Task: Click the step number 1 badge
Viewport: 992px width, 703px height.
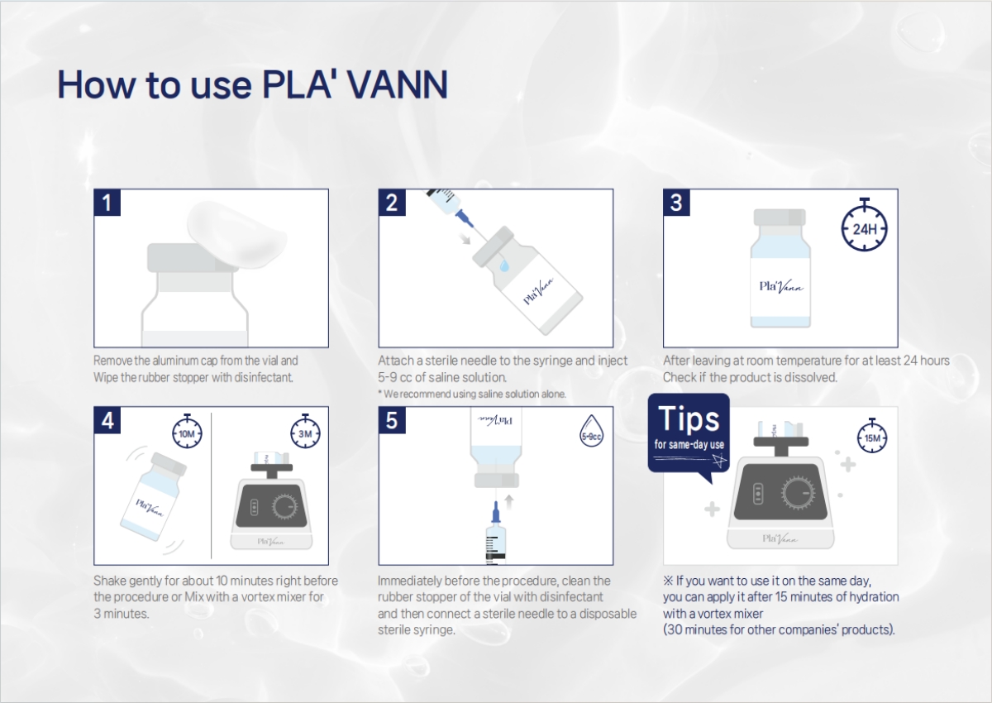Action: pos(107,203)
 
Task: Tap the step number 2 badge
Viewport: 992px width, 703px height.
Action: pos(392,203)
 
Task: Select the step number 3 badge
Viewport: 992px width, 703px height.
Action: pos(677,203)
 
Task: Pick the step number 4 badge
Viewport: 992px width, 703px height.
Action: pos(107,420)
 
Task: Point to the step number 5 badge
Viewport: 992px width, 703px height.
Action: pos(392,420)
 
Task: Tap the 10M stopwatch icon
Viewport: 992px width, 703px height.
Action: pos(187,431)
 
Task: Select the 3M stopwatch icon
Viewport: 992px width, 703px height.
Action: pos(306,431)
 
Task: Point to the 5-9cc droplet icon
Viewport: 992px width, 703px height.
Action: pos(591,431)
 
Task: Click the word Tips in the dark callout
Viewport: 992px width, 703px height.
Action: pos(689,418)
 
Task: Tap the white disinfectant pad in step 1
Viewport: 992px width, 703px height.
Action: pos(237,235)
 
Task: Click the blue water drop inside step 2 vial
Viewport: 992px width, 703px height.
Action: pos(504,265)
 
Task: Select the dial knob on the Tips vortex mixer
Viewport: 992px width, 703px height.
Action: pos(799,493)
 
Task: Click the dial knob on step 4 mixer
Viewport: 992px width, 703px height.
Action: pos(284,506)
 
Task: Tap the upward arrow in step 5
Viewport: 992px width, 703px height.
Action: pos(509,502)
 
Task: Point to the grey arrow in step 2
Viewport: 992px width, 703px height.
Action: pos(465,238)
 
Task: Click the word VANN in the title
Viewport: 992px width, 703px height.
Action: pos(398,84)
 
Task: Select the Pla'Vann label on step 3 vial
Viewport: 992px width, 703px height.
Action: pos(781,287)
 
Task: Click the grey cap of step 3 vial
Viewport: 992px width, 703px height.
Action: pos(780,217)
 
